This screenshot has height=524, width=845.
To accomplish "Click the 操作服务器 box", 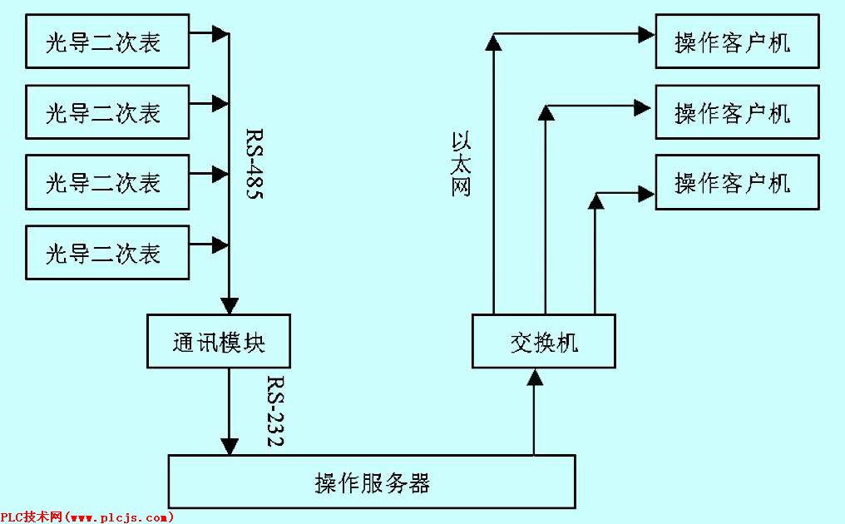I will (x=372, y=482).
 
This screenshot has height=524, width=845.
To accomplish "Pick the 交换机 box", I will (x=544, y=342).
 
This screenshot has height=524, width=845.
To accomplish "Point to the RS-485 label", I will (x=254, y=163).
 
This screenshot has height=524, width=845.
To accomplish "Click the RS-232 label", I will (x=275, y=413).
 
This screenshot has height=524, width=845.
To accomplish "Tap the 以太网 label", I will (x=462, y=163).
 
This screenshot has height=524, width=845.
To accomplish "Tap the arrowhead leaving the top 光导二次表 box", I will (x=220, y=34).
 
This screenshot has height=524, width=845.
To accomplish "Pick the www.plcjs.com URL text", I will (x=120, y=517).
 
